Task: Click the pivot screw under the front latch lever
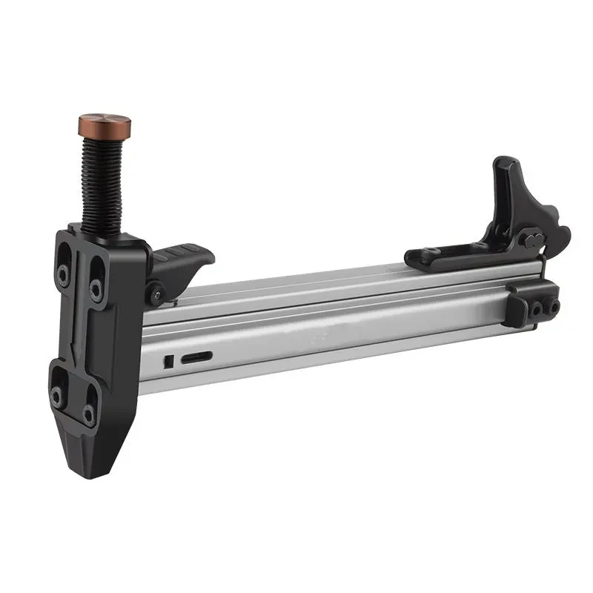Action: pos(157,294)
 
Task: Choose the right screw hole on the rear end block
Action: pos(551,304)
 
